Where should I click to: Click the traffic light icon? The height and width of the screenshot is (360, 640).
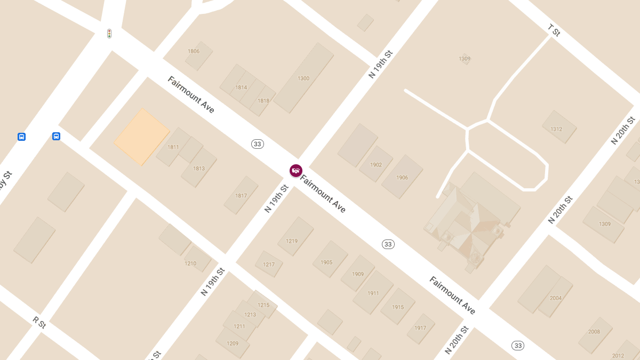click(x=109, y=34)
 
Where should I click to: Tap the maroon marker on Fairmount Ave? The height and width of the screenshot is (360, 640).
click(x=295, y=170)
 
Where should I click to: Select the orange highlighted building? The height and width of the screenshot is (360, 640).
click(x=141, y=137)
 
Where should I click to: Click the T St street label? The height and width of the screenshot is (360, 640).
click(x=554, y=30)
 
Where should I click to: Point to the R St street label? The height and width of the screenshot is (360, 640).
click(x=39, y=322)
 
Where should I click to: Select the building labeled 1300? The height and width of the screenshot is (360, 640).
click(x=303, y=78)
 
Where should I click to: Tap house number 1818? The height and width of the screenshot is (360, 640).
click(x=263, y=101)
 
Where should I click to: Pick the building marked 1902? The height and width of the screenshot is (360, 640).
click(x=376, y=165)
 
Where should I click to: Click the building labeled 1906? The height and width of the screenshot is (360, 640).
click(x=402, y=178)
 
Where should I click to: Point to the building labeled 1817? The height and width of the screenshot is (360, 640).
click(x=241, y=196)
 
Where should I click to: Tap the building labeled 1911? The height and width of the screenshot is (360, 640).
click(x=373, y=293)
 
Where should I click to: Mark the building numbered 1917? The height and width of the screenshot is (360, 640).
click(x=420, y=327)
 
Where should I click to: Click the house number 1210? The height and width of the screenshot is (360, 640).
click(x=190, y=263)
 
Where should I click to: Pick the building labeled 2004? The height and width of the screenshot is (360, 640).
click(x=556, y=298)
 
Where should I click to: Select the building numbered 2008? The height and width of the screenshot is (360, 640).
click(x=594, y=331)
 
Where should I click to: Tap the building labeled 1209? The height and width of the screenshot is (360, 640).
click(x=233, y=343)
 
